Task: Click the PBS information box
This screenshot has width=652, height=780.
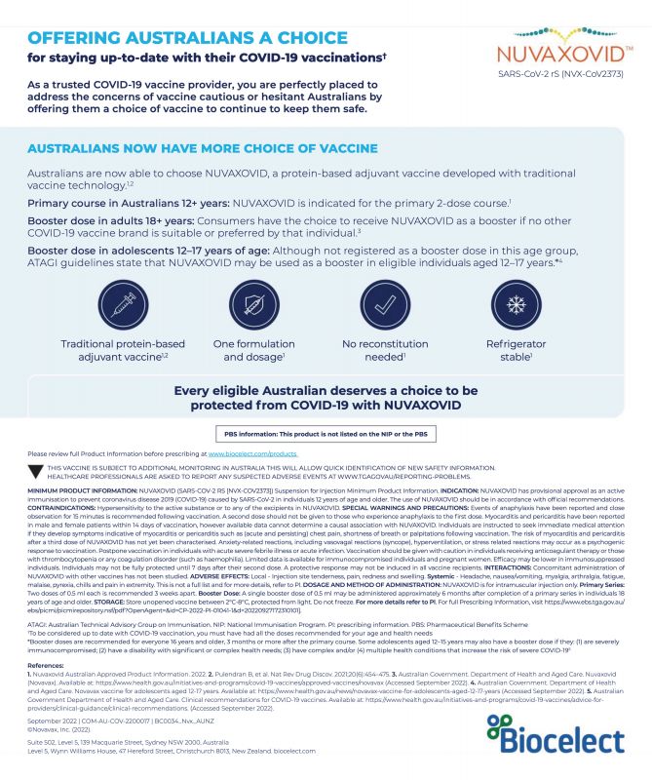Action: pyautogui.click(x=325, y=435)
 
